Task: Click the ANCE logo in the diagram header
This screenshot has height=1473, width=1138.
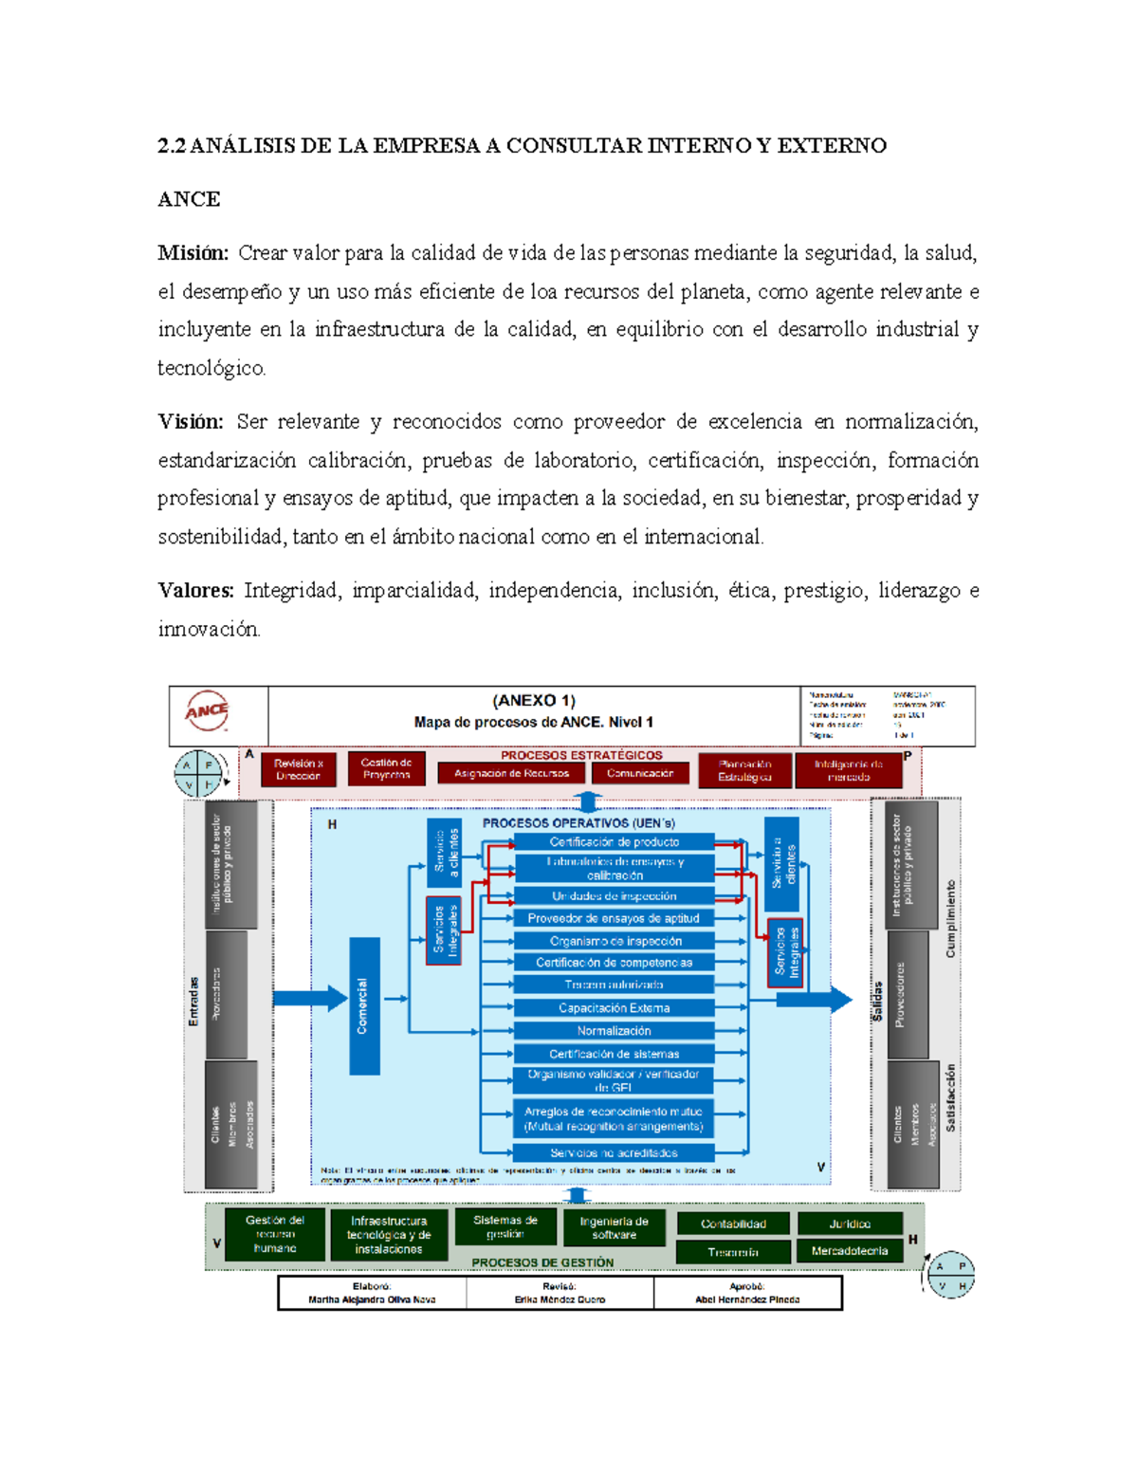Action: point(207,711)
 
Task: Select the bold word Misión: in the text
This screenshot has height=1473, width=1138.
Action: point(193,253)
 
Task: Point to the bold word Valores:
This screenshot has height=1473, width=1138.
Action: point(195,591)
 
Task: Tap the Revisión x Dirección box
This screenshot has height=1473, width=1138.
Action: point(299,769)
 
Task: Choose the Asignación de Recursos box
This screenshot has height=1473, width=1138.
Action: point(511,773)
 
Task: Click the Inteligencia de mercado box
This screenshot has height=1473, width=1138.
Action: point(848,770)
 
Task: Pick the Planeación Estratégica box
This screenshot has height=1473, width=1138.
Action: point(744,770)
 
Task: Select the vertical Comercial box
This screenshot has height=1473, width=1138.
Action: point(364,1005)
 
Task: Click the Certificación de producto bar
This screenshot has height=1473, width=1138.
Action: point(614,842)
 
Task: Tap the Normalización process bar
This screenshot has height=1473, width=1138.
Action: point(614,1031)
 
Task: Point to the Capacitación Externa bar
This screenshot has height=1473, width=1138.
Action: point(614,1008)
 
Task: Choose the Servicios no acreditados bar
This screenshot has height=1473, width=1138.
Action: point(614,1153)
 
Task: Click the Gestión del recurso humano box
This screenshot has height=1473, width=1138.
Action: point(275,1234)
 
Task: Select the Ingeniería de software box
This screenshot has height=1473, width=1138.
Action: point(614,1228)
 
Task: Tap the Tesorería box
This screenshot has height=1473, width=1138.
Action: point(732,1252)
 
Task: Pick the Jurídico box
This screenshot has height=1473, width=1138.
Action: point(849,1224)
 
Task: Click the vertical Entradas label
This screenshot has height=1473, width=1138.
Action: point(193,1001)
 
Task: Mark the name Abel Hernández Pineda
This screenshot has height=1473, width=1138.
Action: point(747,1299)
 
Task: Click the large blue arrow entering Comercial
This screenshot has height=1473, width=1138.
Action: point(309,998)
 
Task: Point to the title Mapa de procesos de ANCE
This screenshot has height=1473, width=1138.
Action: point(533,722)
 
